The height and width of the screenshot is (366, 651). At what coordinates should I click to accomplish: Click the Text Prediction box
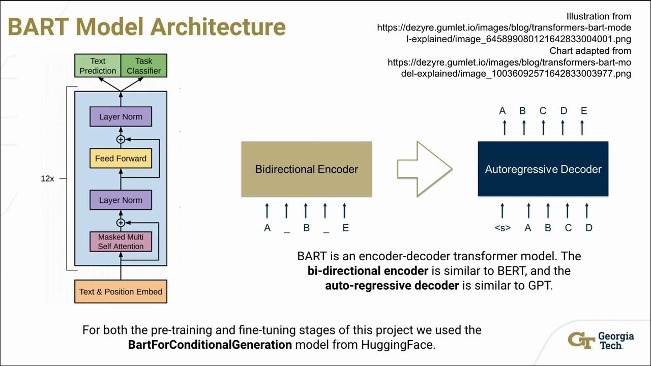tap(98, 66)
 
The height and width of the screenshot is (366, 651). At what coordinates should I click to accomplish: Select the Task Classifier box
tap(143, 66)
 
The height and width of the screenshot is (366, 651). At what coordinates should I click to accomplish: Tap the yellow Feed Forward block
tap(121, 159)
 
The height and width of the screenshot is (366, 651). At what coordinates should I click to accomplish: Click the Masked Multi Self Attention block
tap(121, 241)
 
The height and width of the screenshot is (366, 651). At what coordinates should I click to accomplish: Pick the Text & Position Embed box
tap(121, 292)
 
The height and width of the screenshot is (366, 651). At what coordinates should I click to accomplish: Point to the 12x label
tap(47, 179)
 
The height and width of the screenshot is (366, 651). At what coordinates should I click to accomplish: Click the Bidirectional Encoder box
tap(306, 169)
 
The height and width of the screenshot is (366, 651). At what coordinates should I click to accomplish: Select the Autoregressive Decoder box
tap(543, 169)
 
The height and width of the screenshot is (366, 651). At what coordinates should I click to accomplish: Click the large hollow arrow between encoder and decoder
tap(424, 169)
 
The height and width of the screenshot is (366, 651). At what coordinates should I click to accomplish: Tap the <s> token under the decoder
tap(502, 228)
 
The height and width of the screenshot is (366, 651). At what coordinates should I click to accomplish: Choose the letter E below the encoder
tap(345, 228)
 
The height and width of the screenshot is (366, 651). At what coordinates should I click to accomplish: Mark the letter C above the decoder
tap(543, 111)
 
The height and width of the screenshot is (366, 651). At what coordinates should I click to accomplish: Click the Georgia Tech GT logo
tap(581, 340)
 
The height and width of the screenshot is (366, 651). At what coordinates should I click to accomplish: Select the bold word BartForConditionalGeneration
tap(210, 345)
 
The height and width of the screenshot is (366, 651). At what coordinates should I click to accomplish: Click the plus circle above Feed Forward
tap(121, 139)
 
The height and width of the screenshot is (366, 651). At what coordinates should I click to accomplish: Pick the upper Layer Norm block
tap(121, 117)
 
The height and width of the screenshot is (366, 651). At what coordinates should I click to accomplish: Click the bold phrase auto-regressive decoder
tap(392, 285)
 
